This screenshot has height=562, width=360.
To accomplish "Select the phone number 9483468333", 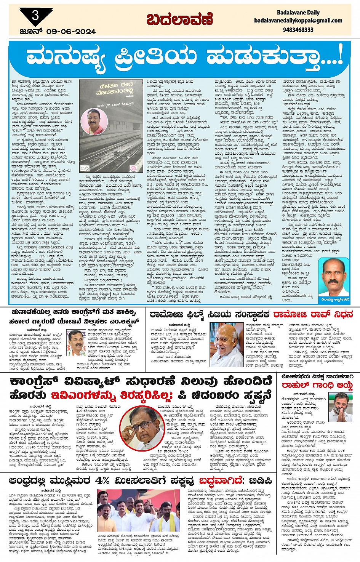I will [299, 30].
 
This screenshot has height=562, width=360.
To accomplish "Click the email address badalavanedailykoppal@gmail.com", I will [298, 21].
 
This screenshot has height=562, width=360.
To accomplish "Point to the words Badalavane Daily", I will [298, 13].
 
